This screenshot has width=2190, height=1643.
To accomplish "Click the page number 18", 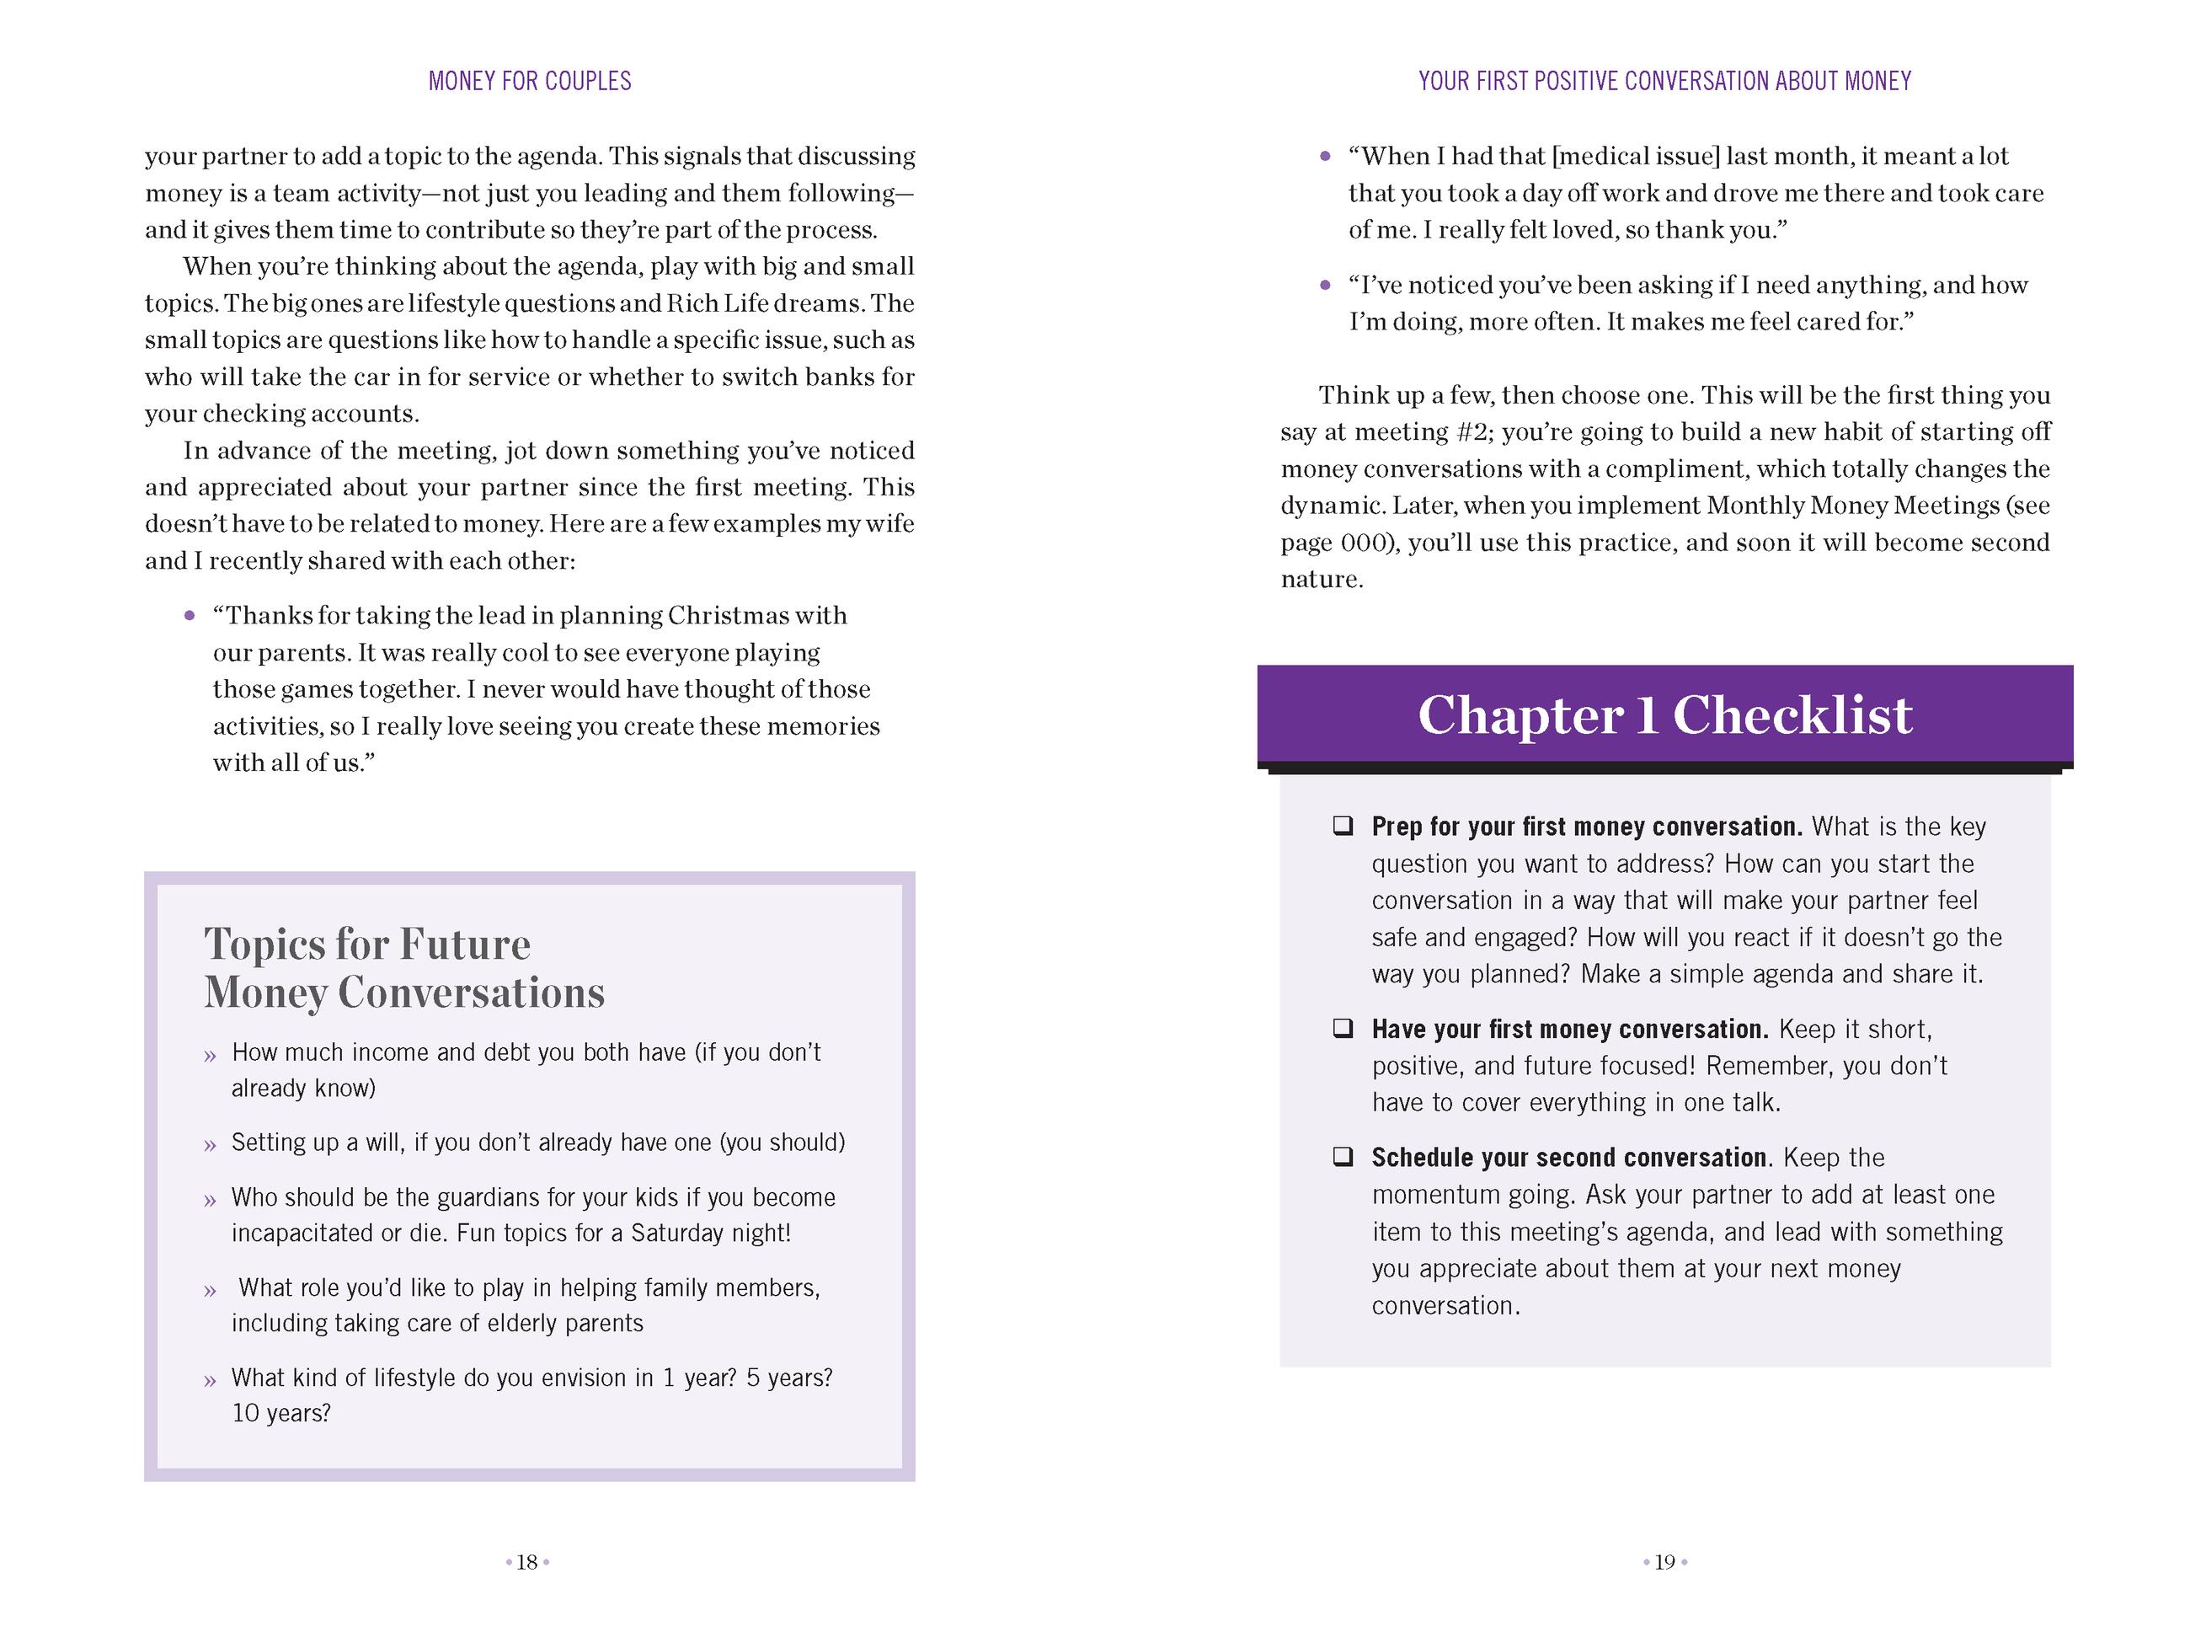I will (527, 1562).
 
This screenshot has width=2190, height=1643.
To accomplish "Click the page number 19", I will (1664, 1562).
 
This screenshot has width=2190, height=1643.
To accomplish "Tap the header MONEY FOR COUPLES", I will (530, 81).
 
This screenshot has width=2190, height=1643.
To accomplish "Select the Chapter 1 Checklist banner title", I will (1664, 715).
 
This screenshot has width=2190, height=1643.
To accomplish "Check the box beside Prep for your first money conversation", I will (1343, 826).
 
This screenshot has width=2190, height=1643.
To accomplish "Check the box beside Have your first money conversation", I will (1343, 1029).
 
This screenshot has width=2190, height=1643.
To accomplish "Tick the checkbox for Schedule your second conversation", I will (1343, 1157).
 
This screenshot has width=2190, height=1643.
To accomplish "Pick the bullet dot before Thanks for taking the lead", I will (190, 616).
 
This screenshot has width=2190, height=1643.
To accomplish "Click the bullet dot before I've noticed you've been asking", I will (1326, 286).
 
